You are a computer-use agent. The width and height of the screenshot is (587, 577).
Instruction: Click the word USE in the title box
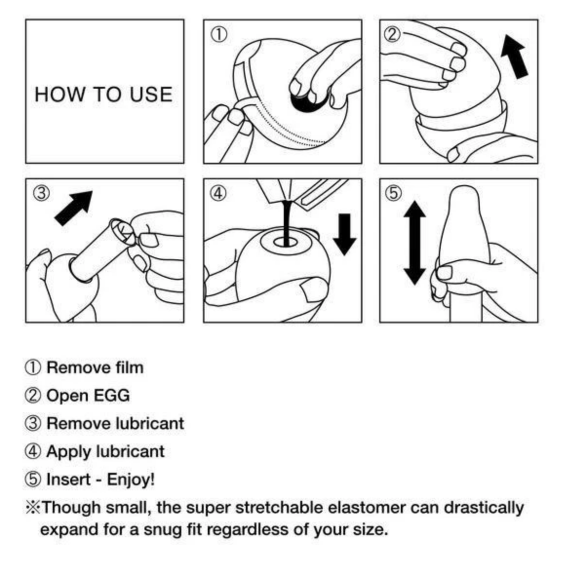151,94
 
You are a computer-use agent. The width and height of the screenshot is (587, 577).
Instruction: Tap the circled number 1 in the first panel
219,35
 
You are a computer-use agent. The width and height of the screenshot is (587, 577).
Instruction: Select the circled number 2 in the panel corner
392,35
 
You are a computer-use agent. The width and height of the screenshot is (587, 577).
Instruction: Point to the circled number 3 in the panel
41,193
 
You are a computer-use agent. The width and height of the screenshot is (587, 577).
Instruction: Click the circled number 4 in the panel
218,193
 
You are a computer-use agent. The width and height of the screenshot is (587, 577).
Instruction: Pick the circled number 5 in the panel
393,193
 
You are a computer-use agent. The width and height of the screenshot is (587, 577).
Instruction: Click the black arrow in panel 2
514,57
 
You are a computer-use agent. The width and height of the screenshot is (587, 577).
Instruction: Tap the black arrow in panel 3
74,208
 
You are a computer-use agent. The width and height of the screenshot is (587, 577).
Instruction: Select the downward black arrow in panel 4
345,234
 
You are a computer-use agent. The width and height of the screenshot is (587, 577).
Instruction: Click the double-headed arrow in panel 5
414,243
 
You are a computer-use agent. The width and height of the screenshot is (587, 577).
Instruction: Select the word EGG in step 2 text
112,396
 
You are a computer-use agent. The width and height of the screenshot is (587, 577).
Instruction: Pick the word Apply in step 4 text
69,452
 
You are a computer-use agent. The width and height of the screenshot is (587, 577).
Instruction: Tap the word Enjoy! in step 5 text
131,480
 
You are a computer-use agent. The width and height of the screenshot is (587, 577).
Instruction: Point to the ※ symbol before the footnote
33,508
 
